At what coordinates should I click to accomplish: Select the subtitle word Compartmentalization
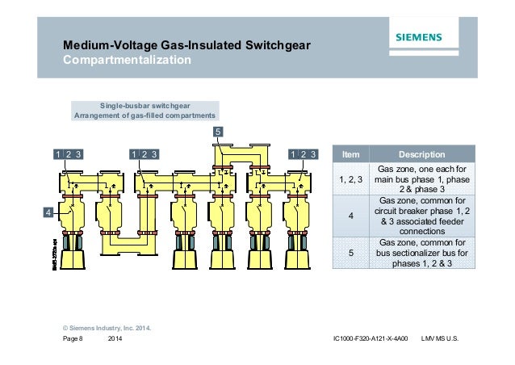pos(127,61)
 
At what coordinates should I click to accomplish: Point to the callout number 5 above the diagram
pos(219,131)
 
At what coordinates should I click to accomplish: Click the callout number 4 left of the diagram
pos(47,212)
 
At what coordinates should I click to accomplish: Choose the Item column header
pos(351,154)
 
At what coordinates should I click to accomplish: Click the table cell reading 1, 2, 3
pos(351,178)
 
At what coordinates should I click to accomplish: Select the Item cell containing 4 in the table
pos(351,216)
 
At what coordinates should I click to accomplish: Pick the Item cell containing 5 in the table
pos(351,253)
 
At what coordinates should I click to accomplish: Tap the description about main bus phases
pos(422,178)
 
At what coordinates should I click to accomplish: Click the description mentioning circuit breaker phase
pos(422,216)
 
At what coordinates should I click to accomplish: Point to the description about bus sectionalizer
pos(422,253)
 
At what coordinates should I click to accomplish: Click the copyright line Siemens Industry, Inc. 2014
pos(107,328)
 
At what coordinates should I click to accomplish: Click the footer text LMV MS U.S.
pos(440,338)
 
